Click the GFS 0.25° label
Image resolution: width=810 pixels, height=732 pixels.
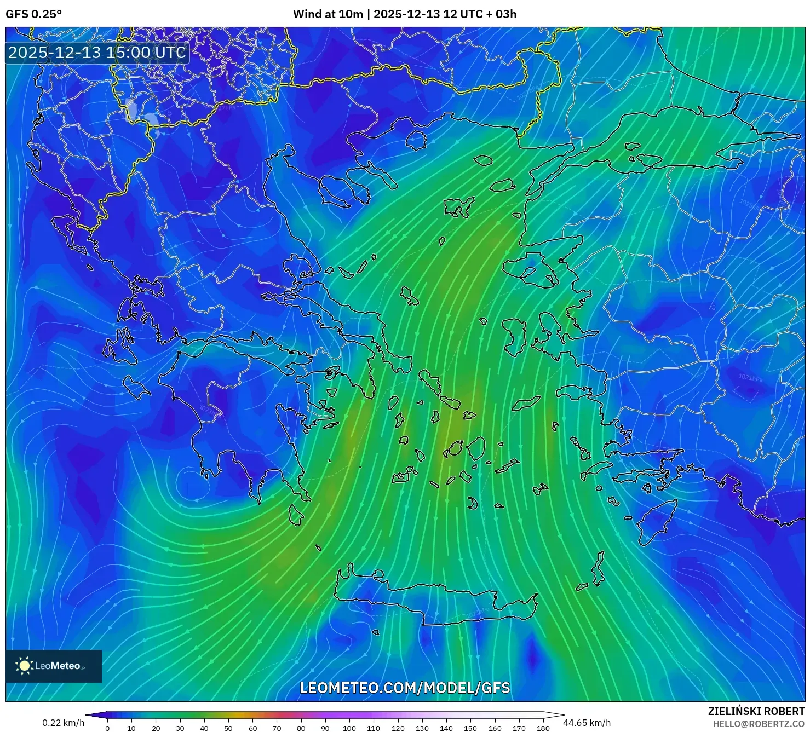[x=33, y=14]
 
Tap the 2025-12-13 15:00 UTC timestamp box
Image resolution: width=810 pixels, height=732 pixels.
[x=97, y=53]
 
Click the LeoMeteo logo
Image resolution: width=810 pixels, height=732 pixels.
[x=53, y=666]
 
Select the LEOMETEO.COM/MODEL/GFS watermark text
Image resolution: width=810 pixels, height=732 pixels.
[x=405, y=688]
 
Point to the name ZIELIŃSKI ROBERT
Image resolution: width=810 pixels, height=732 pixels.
[x=756, y=711]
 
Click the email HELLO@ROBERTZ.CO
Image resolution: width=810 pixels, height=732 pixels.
[x=759, y=724]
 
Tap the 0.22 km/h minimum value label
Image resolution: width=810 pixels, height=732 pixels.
[x=63, y=723]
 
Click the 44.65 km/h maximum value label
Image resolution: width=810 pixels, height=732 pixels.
[x=587, y=723]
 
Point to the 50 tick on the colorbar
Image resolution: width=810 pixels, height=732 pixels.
[x=228, y=728]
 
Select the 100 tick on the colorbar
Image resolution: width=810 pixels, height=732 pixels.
[x=349, y=728]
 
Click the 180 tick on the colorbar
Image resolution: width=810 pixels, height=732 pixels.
[x=543, y=728]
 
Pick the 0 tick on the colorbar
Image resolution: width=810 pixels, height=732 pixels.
[x=107, y=728]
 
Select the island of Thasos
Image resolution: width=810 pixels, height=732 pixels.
[x=417, y=140]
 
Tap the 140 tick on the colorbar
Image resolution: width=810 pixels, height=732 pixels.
[x=446, y=728]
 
